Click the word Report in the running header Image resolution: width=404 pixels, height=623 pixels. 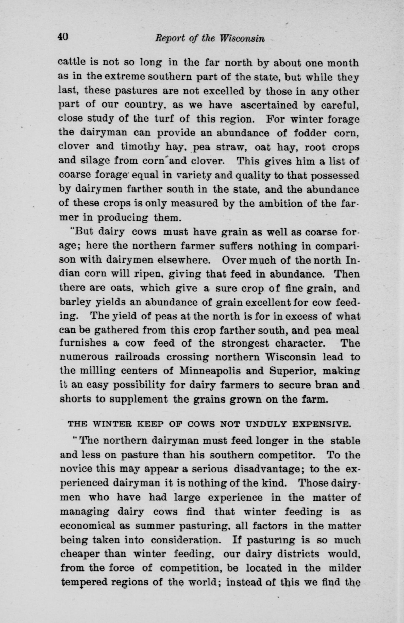167,39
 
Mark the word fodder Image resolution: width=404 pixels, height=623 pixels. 310,133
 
